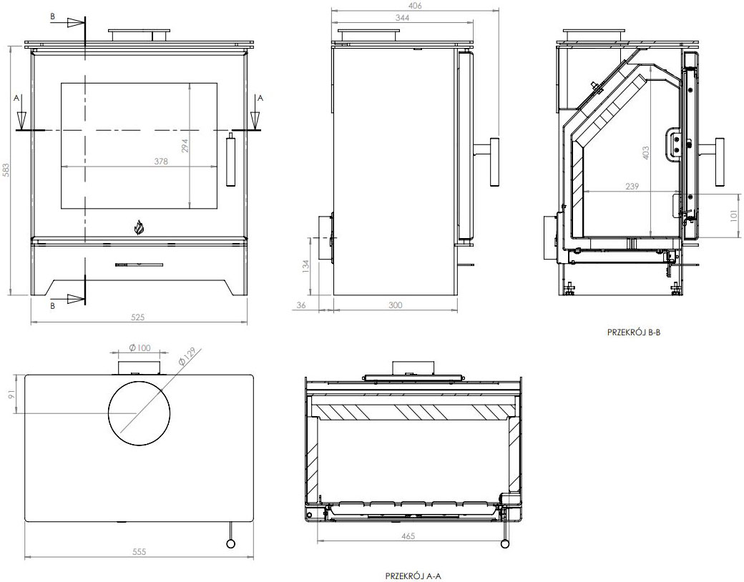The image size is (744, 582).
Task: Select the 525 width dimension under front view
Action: point(139,317)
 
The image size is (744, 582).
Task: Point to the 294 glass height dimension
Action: point(185,146)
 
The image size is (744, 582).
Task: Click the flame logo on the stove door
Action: point(139,227)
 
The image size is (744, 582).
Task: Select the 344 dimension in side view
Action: point(401,18)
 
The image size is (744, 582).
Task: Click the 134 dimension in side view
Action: point(305,267)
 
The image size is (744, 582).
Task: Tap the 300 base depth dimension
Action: point(394,305)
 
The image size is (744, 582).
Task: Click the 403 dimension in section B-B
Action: point(646,152)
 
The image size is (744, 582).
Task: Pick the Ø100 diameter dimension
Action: point(139,348)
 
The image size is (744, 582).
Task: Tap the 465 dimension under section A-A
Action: point(408,535)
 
